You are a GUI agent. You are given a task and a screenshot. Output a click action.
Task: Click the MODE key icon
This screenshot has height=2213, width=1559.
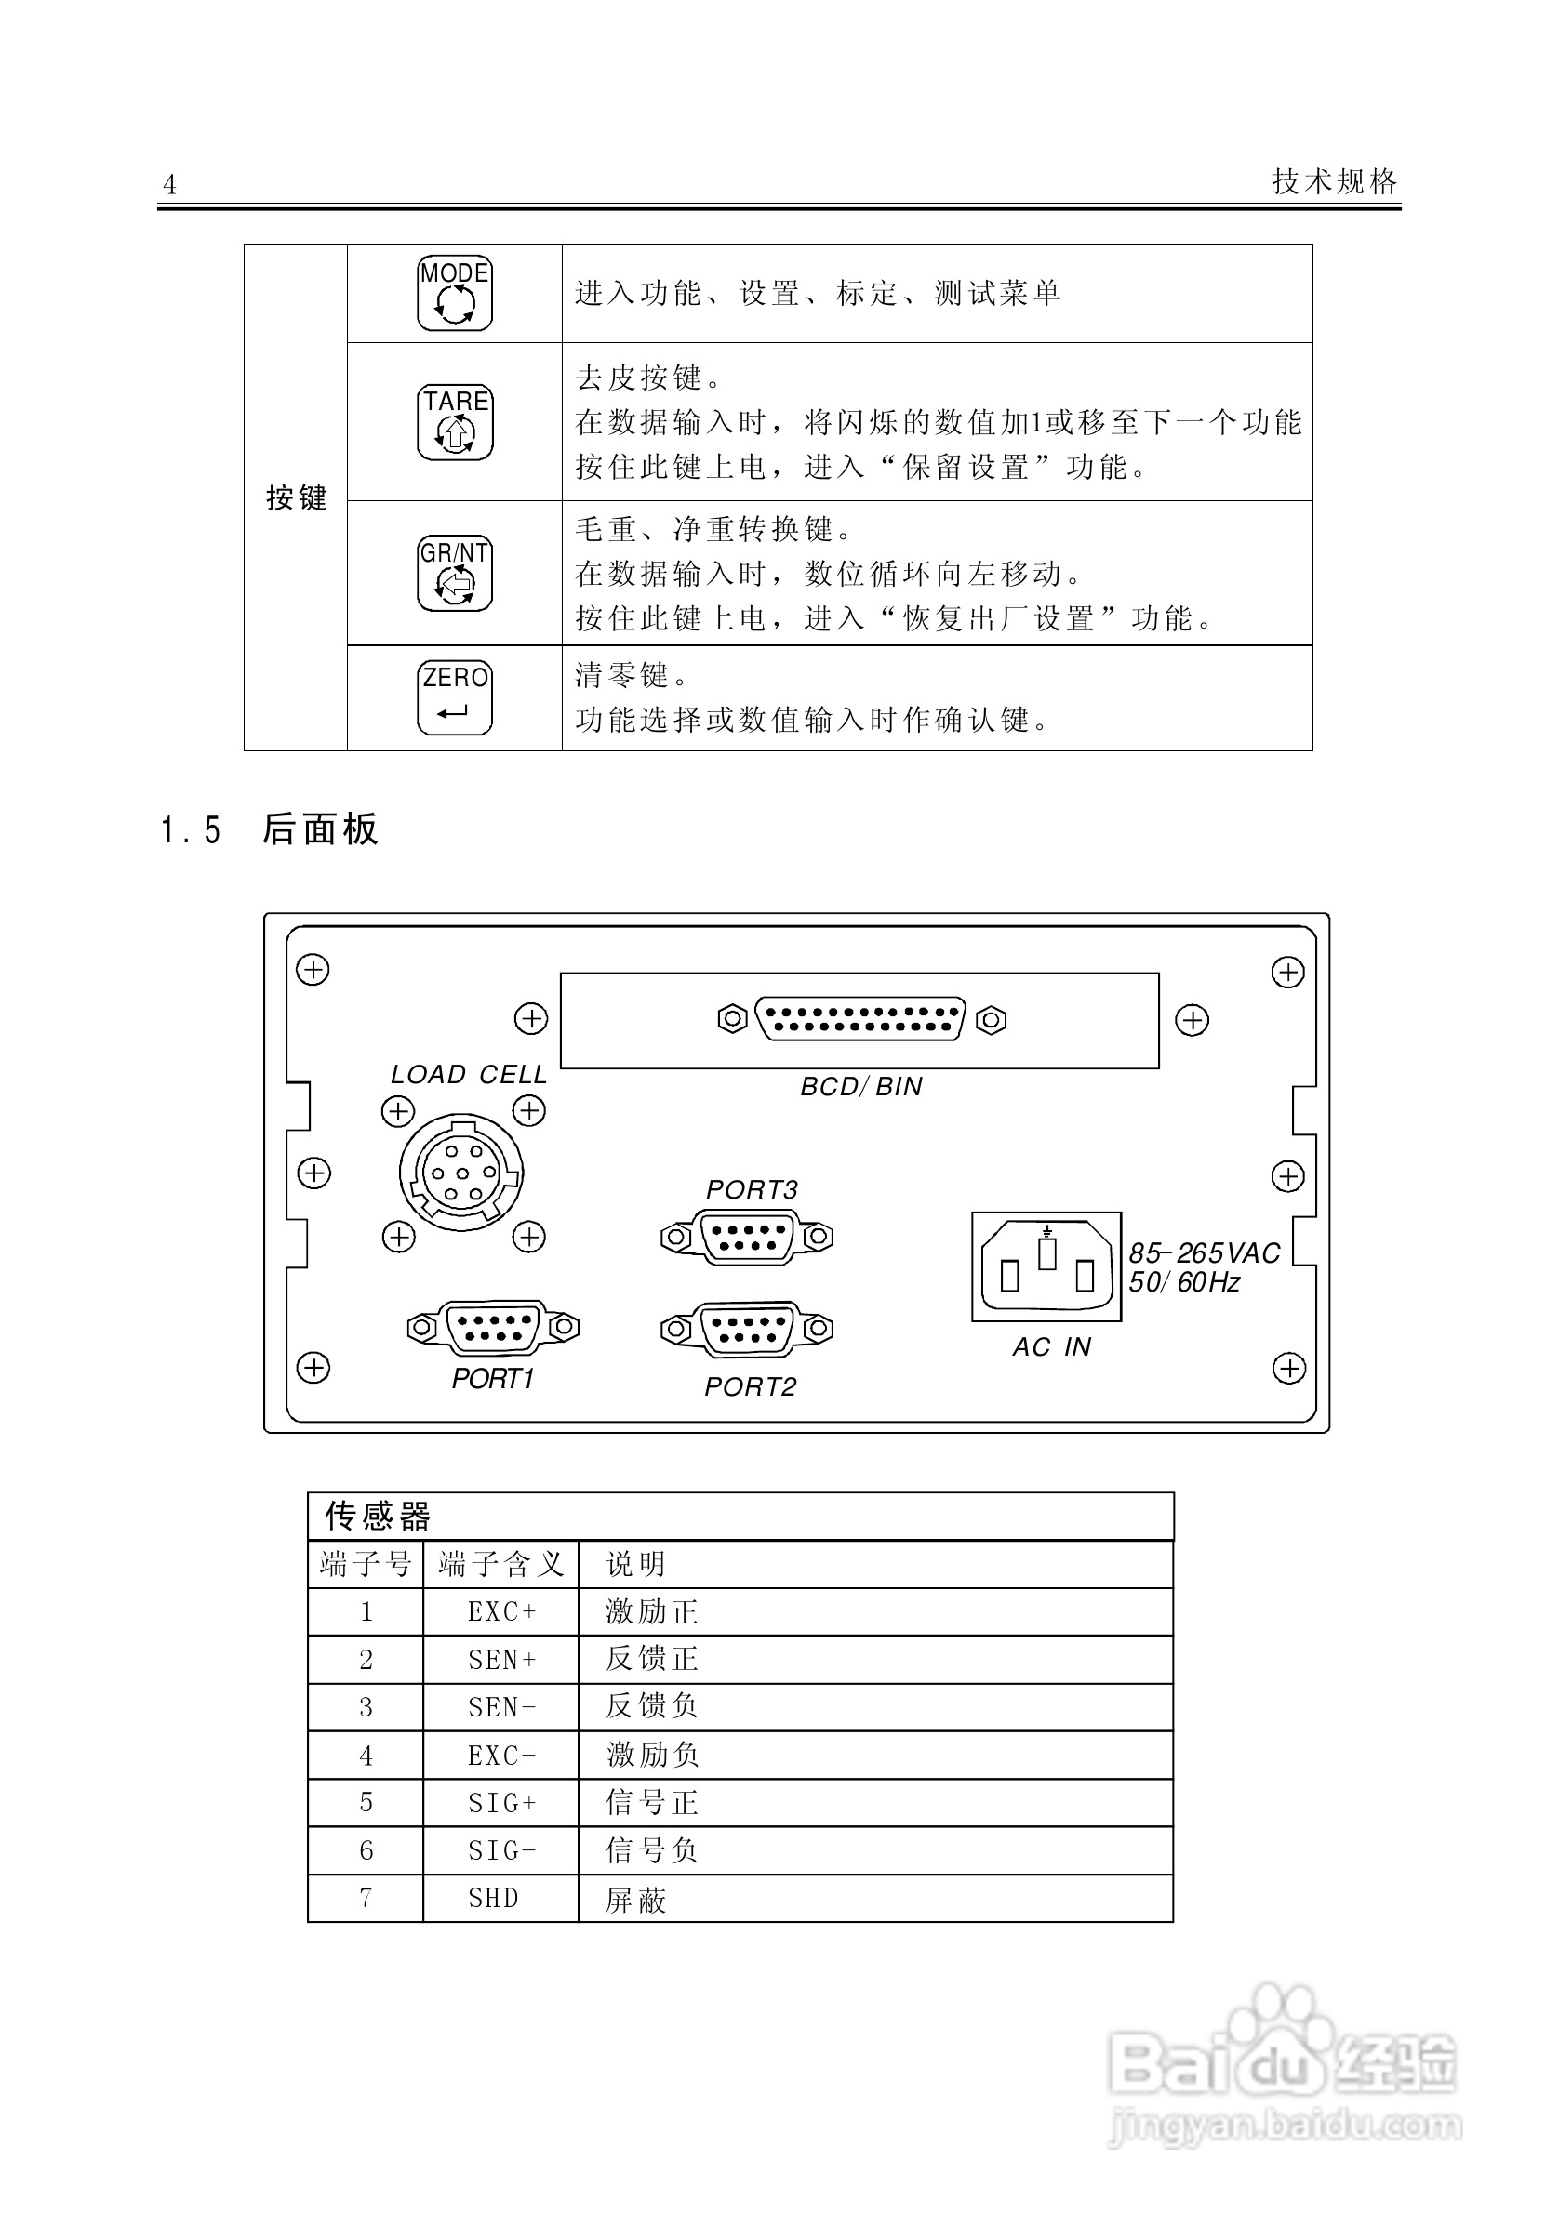pos(454,293)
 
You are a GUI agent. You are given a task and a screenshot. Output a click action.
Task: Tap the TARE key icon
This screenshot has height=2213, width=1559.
pos(454,422)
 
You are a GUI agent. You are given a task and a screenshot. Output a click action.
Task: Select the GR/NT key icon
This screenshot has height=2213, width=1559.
pos(454,574)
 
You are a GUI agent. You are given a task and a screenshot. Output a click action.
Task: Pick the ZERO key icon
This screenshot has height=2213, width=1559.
pos(454,697)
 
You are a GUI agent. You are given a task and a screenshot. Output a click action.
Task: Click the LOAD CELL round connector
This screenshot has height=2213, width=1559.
pos(461,1174)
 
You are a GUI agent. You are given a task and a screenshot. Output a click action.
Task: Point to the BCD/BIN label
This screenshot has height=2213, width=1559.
pos(861,1087)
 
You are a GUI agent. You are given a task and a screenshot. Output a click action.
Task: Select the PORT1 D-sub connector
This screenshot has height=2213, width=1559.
pos(493,1327)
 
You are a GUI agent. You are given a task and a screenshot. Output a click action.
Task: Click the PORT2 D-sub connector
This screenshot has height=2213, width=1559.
pos(747,1329)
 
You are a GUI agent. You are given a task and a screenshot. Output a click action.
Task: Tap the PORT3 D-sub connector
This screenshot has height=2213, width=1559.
pos(747,1237)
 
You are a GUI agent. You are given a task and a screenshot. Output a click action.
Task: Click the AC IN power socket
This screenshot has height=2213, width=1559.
pos(1047,1266)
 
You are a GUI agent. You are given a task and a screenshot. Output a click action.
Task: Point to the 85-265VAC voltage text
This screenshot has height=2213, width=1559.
pos(1205,1253)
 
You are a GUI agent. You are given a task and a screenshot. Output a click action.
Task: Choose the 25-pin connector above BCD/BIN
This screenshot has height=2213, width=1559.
pos(861,1020)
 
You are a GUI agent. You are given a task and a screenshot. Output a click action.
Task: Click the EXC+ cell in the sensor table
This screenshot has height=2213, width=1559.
pos(501,1611)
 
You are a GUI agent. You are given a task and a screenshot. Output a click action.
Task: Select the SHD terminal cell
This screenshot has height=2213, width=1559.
pos(494,1898)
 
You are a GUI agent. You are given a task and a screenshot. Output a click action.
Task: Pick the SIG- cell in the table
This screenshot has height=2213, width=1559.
pos(501,1849)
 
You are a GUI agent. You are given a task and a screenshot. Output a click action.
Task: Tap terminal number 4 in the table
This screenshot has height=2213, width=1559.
pos(366,1756)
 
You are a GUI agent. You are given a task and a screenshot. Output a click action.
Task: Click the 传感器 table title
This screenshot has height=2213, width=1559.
pos(378,1517)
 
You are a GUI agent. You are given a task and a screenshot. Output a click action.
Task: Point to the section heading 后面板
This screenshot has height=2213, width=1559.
pos(320,828)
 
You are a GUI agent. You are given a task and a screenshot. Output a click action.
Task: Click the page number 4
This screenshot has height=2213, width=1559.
pos(169,184)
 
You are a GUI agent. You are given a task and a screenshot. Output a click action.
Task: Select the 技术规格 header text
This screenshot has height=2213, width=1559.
pos(1333,181)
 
